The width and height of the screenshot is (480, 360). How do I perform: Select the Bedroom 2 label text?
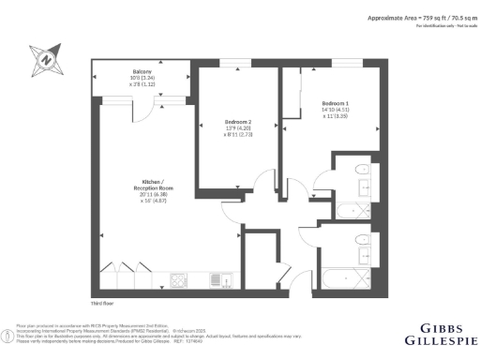click(x=238, y=121)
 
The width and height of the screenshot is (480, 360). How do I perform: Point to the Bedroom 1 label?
click(x=336, y=103)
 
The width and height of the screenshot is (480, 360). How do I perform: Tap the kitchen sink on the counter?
click(x=217, y=279)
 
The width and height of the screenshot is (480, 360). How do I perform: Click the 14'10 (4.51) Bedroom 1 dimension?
click(x=336, y=110)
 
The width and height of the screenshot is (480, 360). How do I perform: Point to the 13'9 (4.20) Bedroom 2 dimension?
click(x=238, y=127)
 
